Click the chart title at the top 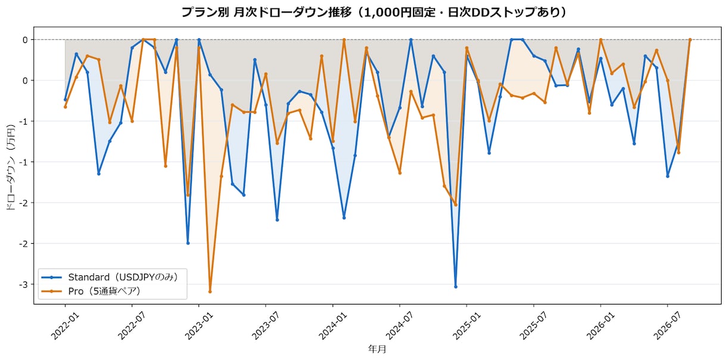374,13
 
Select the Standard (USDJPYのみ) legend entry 110,277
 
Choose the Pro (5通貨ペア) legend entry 92,291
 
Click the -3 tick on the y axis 23,284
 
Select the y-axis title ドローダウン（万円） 11,167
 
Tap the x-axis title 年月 377,349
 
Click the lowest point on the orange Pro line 210,292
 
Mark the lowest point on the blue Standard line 456,287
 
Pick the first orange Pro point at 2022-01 65,107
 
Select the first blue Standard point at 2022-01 65,100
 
